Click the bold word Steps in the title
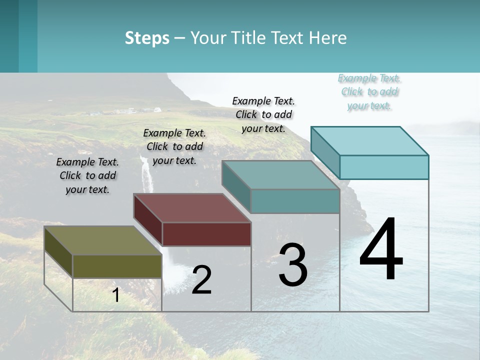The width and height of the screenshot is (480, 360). pos(147,38)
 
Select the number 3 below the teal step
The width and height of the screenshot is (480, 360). pos(293,265)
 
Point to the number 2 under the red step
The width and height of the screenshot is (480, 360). pos(201,280)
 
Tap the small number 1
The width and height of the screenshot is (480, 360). pos(116,295)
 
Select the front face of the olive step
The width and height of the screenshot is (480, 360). pos(117,266)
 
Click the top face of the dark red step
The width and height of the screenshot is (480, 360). pos(192,207)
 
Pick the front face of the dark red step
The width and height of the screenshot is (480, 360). pos(206,234)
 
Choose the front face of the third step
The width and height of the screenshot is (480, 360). pos(295,201)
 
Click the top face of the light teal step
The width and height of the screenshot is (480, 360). pos(369,140)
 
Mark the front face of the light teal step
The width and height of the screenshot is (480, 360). pos(384,167)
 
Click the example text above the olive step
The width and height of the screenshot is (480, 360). pos(87,175)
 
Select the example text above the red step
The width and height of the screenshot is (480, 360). pos(174,146)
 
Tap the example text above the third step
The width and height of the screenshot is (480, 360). pos(263,114)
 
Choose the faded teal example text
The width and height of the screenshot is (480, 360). pos(369,91)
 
